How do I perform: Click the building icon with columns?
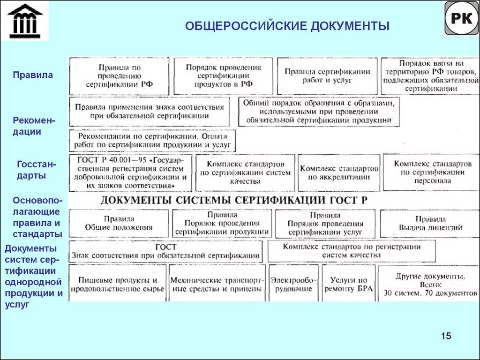pyautogui.click(x=25, y=21)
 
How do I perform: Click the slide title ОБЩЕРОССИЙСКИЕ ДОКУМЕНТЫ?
pyautogui.click(x=287, y=25)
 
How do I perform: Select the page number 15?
pyautogui.click(x=446, y=336)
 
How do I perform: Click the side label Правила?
pyautogui.click(x=33, y=75)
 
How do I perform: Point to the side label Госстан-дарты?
pyautogui.click(x=36, y=170)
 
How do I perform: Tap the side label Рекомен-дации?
pyautogui.click(x=34, y=126)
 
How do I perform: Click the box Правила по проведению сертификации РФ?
pyautogui.click(x=119, y=76)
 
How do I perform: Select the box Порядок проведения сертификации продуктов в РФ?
pyautogui.click(x=223, y=76)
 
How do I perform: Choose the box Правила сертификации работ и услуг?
pyautogui.click(x=327, y=76)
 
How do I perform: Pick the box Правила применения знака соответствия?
pyautogui.click(x=150, y=111)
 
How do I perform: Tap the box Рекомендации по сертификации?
pyautogui.click(x=152, y=141)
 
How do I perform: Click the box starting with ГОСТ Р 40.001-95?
pyautogui.click(x=130, y=173)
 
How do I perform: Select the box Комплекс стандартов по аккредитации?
pyautogui.click(x=339, y=173)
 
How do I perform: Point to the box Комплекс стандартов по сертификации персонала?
pyautogui.click(x=432, y=172)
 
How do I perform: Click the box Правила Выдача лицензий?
pyautogui.click(x=430, y=224)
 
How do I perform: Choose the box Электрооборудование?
pyautogui.click(x=293, y=283)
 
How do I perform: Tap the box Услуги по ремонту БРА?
pyautogui.click(x=348, y=283)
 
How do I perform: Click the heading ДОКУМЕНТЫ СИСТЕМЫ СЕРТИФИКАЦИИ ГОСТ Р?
pyautogui.click(x=234, y=200)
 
